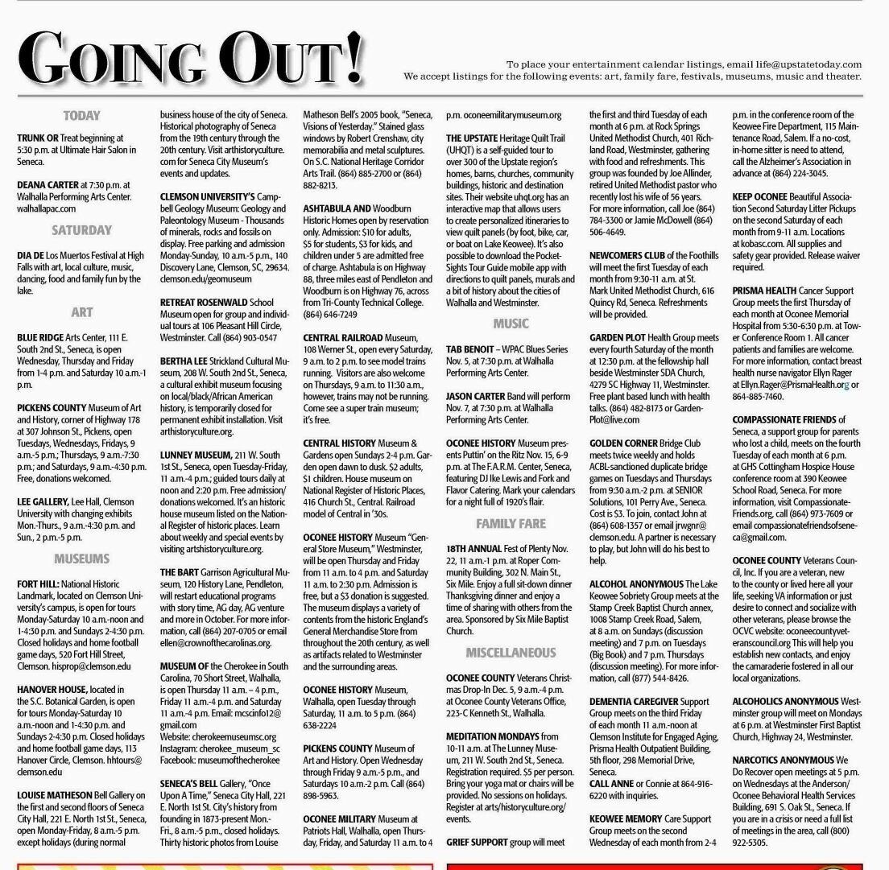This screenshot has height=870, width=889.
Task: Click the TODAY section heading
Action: tap(81, 116)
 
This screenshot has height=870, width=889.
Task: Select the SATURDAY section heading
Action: tap(81, 230)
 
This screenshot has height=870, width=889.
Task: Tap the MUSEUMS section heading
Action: tap(81, 559)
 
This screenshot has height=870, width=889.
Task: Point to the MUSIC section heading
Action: tap(511, 324)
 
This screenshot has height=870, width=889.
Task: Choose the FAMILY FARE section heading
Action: tap(511, 524)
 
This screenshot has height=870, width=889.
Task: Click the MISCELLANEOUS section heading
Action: tap(511, 653)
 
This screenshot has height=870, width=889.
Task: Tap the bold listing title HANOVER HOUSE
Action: tap(52, 690)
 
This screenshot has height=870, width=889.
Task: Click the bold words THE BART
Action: tap(179, 572)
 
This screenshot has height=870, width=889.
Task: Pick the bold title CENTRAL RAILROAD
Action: tap(343, 338)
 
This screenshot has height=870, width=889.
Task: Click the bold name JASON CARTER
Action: tap(476, 397)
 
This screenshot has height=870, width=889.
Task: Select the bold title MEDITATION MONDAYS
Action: tap(492, 736)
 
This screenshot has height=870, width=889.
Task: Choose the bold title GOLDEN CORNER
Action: tap(623, 443)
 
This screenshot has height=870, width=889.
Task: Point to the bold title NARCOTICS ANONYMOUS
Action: tap(783, 760)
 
